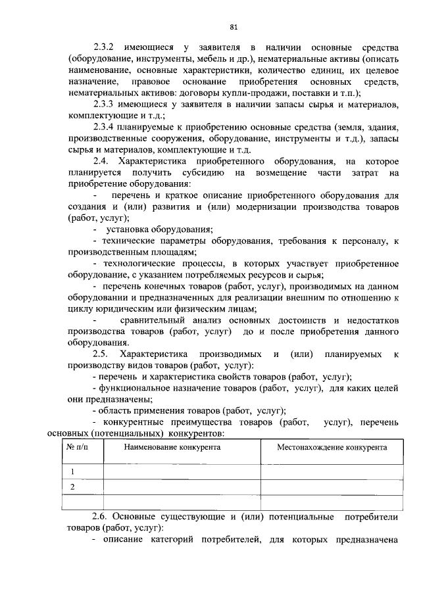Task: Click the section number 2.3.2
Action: (104, 49)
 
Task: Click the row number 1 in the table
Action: (73, 471)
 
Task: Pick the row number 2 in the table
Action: (73, 487)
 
